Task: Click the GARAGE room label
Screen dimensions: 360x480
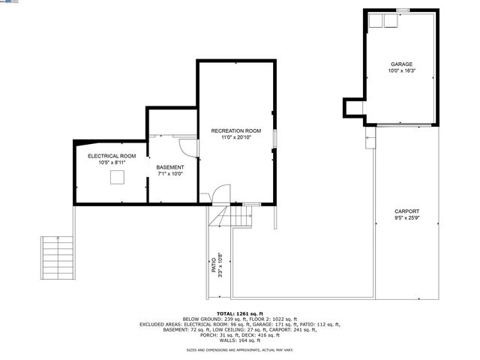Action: (x=401, y=64)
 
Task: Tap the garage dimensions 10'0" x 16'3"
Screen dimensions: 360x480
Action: (x=401, y=71)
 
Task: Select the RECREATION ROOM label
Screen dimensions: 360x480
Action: (x=235, y=130)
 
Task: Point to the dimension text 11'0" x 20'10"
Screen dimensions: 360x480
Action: (x=235, y=137)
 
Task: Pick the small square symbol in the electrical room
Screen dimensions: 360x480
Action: (x=118, y=177)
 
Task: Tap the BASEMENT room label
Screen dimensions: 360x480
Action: (x=169, y=166)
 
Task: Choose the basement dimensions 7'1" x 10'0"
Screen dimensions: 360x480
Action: (x=169, y=173)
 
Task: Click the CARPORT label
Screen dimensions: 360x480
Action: (x=406, y=211)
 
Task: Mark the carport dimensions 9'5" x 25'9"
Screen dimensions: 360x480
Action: (x=406, y=218)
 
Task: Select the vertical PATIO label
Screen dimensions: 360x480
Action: (x=216, y=265)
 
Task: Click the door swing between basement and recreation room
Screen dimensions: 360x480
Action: (x=187, y=144)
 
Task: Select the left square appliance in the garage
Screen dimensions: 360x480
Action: (x=375, y=20)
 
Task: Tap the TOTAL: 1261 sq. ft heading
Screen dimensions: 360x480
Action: (x=240, y=313)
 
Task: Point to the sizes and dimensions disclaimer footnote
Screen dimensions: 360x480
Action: (x=240, y=350)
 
